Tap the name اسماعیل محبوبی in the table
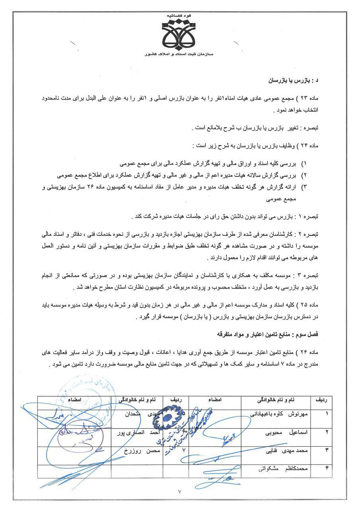(x=286, y=432)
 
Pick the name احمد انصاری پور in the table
(x=135, y=432)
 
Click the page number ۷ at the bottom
(x=180, y=492)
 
